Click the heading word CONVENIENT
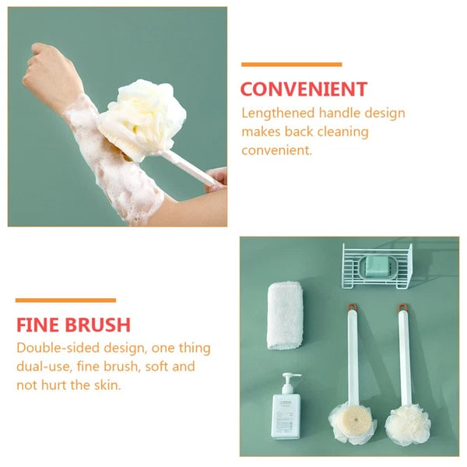[x=304, y=89]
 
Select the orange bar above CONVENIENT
[x=291, y=65]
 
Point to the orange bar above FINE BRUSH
[x=65, y=300]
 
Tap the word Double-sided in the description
[x=56, y=348]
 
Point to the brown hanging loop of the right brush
[x=402, y=311]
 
